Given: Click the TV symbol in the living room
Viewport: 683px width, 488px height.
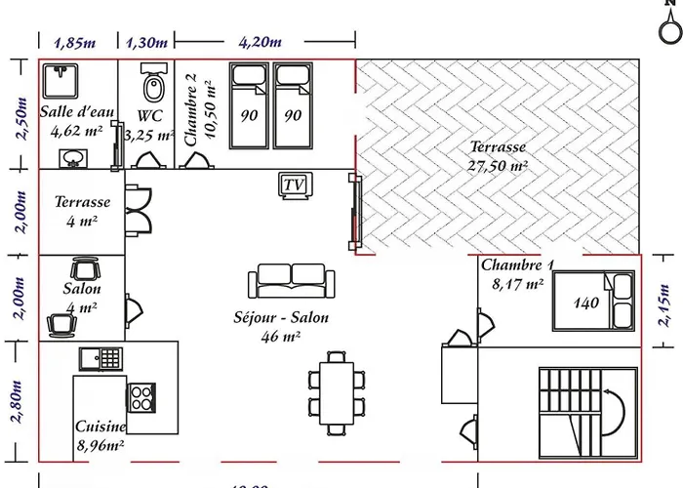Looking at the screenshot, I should point(293,184).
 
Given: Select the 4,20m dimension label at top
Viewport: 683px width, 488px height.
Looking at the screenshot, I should point(261,42).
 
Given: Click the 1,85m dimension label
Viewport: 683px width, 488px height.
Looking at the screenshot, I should point(75,42).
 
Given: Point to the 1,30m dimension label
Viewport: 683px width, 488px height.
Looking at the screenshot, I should point(146,42).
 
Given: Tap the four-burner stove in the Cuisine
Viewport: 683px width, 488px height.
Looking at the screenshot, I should point(141,396).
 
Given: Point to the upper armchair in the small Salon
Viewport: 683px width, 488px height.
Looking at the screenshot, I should point(83,268).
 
